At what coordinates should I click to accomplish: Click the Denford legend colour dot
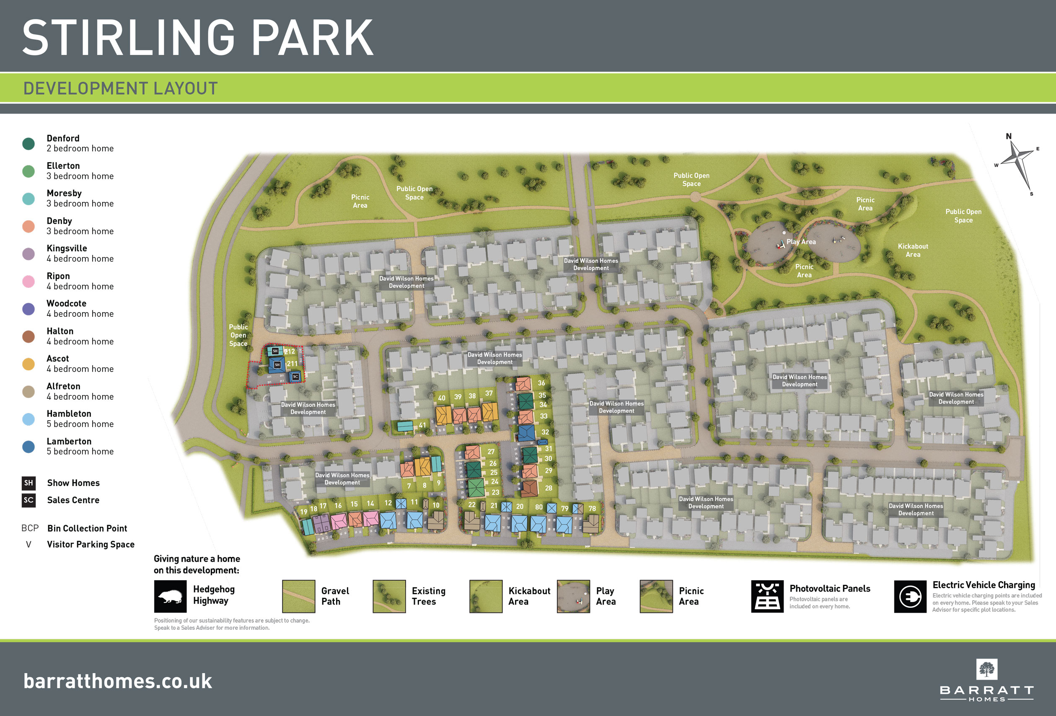tap(28, 144)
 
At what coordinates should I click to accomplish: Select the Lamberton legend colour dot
tap(28, 447)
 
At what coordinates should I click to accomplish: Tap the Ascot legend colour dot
tap(28, 364)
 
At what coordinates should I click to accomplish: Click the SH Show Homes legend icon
tap(28, 483)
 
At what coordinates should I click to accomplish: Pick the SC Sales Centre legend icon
tap(28, 500)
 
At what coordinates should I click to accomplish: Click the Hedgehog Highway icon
tap(171, 597)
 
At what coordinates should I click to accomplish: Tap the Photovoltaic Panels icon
tap(767, 597)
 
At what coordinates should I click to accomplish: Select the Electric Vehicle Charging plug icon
tap(910, 597)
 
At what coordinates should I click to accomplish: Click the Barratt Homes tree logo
tap(986, 669)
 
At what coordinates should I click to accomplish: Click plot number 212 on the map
tap(290, 352)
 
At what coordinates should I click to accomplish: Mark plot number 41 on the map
tap(422, 425)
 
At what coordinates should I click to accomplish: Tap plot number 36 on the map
tap(541, 383)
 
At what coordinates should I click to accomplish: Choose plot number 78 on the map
tap(592, 508)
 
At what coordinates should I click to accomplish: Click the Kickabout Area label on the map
tap(913, 250)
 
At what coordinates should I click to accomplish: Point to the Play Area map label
tap(801, 242)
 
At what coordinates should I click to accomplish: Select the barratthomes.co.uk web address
tap(118, 681)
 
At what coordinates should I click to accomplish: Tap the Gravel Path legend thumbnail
tap(298, 597)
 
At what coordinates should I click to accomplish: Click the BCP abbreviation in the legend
tap(30, 528)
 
